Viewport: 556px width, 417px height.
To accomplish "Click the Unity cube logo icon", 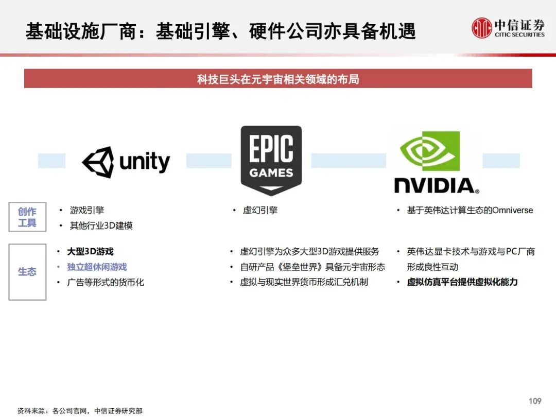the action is tap(98, 162).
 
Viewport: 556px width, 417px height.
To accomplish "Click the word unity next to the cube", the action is tap(145, 162).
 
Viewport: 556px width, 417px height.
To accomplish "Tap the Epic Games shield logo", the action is tap(271, 160).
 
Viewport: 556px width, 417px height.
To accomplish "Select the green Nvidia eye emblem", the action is tap(430, 151).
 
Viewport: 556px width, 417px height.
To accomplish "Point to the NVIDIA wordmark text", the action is tap(437, 185).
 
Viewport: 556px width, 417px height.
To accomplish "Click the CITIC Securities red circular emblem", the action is tap(482, 28).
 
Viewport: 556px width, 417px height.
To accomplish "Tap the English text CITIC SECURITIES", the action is tap(520, 34).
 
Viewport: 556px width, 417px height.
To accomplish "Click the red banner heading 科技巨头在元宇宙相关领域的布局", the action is tap(278, 79).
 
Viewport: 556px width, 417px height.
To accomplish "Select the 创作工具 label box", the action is tap(27, 217).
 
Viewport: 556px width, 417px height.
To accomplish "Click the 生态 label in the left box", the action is tap(27, 272).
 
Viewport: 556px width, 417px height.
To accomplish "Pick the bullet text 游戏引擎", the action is tap(87, 210).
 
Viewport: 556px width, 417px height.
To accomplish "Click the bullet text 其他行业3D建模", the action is tap(101, 225).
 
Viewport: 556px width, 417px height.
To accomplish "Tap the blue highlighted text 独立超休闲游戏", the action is tap(97, 267).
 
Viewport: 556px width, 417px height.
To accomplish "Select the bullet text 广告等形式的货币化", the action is tap(106, 282).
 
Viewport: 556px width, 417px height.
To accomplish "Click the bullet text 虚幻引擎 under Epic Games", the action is tap(260, 210).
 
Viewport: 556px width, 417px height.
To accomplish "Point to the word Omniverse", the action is tap(512, 210).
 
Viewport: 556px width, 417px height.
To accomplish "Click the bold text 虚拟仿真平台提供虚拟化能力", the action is tap(462, 282).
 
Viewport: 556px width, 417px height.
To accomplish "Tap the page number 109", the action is tap(535, 401).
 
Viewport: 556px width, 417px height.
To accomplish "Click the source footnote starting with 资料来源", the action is tap(80, 411).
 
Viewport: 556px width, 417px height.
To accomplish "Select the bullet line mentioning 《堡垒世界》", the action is tap(312, 267).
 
